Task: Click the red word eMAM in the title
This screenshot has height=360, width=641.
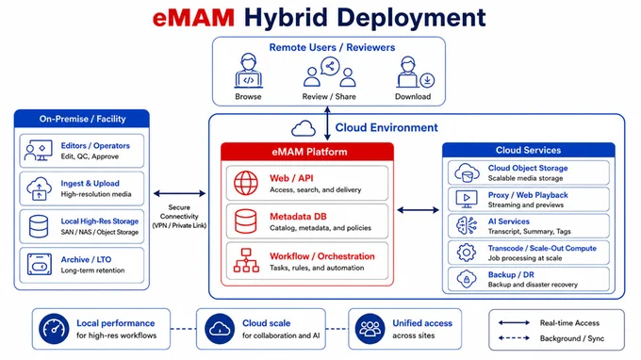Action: (193, 18)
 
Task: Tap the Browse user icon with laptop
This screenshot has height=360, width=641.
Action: (249, 71)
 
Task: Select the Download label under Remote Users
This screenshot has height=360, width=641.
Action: (413, 97)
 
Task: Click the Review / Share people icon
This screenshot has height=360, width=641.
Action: (330, 72)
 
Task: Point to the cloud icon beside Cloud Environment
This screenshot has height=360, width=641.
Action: (304, 128)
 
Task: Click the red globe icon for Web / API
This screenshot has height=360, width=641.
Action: (246, 183)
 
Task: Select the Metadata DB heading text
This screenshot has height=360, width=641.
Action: (298, 217)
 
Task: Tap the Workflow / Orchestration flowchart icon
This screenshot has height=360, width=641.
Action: (246, 260)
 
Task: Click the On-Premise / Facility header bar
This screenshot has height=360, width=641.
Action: (82, 119)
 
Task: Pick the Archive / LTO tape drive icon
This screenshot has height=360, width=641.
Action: (40, 264)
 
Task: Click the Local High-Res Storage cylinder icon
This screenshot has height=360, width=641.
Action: (39, 226)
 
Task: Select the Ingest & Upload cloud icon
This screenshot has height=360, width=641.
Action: (39, 188)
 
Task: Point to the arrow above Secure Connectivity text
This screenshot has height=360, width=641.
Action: (179, 193)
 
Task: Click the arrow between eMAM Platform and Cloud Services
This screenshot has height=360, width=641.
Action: (418, 210)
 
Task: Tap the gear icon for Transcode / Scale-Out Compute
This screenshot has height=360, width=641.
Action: (467, 253)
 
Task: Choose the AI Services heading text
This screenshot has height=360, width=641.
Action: (508, 221)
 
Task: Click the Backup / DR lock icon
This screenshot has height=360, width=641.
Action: (467, 280)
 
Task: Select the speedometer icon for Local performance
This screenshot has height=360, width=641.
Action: (54, 329)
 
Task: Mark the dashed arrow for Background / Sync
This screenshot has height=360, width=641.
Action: (514, 338)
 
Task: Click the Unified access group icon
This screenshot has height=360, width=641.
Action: (370, 329)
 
